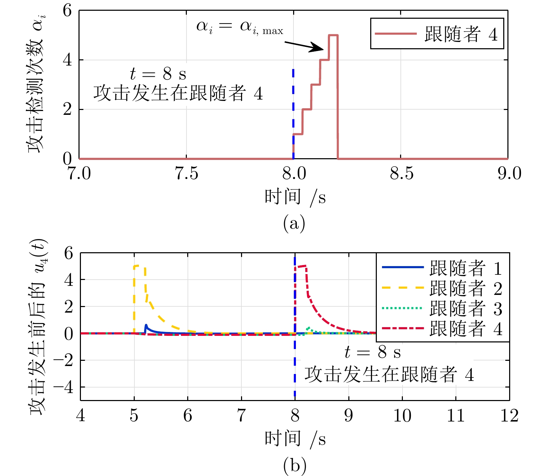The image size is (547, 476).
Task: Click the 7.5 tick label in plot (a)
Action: click(187, 173)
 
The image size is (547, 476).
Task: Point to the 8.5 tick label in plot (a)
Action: click(401, 173)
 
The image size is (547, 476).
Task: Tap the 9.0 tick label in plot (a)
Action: click(509, 173)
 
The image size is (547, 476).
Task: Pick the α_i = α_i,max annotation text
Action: click(240, 27)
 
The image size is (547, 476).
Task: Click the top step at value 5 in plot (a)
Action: click(333, 35)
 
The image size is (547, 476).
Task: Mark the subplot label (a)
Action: click(294, 223)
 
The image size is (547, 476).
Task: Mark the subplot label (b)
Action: click(295, 465)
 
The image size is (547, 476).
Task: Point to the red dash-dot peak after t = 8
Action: click(301, 266)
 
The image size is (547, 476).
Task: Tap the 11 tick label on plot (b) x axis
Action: click(456, 416)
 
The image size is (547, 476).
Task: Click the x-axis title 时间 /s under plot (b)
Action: click(295, 439)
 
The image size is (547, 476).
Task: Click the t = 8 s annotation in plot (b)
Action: click(372, 353)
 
